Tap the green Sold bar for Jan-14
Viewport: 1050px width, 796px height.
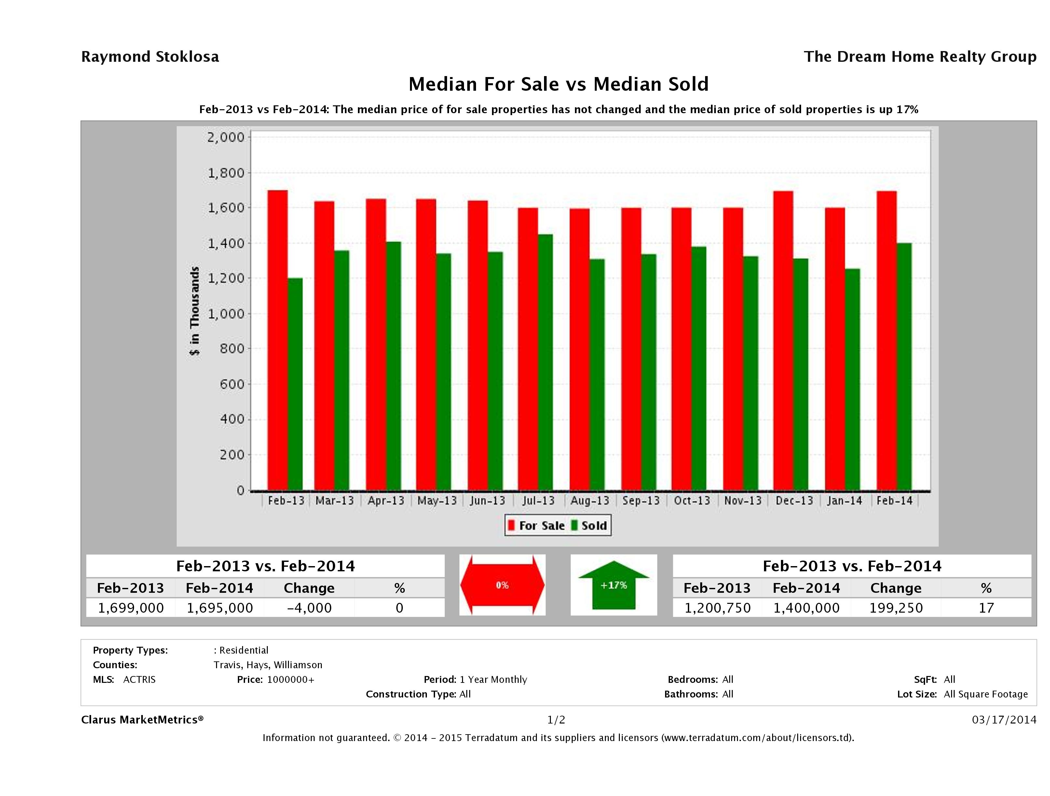(x=852, y=379)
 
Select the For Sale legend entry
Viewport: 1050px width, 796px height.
(x=537, y=525)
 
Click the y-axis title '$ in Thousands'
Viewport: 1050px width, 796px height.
(x=195, y=311)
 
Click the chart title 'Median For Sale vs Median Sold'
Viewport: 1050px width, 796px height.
(x=558, y=84)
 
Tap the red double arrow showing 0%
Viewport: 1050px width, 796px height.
(x=502, y=585)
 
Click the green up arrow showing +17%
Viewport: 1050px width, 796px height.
(x=613, y=585)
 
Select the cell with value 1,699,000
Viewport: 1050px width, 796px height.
(x=130, y=608)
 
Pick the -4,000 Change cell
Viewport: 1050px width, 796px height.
(x=309, y=608)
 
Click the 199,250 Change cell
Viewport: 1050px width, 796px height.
(x=896, y=608)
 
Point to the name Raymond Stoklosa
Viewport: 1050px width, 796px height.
(x=150, y=57)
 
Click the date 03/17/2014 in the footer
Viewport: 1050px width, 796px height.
(x=1003, y=720)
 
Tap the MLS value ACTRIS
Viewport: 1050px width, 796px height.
(x=139, y=679)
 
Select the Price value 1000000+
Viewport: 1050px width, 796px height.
(x=291, y=679)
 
